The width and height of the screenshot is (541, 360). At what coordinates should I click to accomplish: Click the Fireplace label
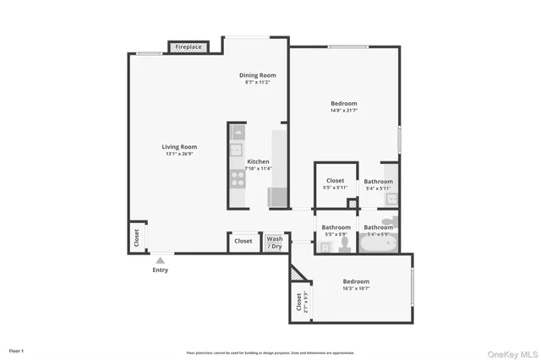[x=189, y=47]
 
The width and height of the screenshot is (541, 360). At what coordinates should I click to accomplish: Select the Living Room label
[x=179, y=147]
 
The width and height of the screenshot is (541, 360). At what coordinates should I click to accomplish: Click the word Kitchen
[x=258, y=161]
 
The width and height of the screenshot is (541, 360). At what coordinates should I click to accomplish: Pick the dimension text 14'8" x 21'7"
[x=343, y=111]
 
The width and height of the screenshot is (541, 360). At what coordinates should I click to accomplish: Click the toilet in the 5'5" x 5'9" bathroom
[x=344, y=244]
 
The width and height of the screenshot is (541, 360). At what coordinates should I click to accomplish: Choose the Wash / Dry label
[x=275, y=242]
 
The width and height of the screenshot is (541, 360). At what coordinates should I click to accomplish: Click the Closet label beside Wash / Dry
[x=243, y=241]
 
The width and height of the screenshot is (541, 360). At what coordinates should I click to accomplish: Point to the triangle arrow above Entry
[x=160, y=260]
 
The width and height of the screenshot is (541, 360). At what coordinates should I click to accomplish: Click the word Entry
[x=160, y=270]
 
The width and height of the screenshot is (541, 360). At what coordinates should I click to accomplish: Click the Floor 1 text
[x=16, y=351]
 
